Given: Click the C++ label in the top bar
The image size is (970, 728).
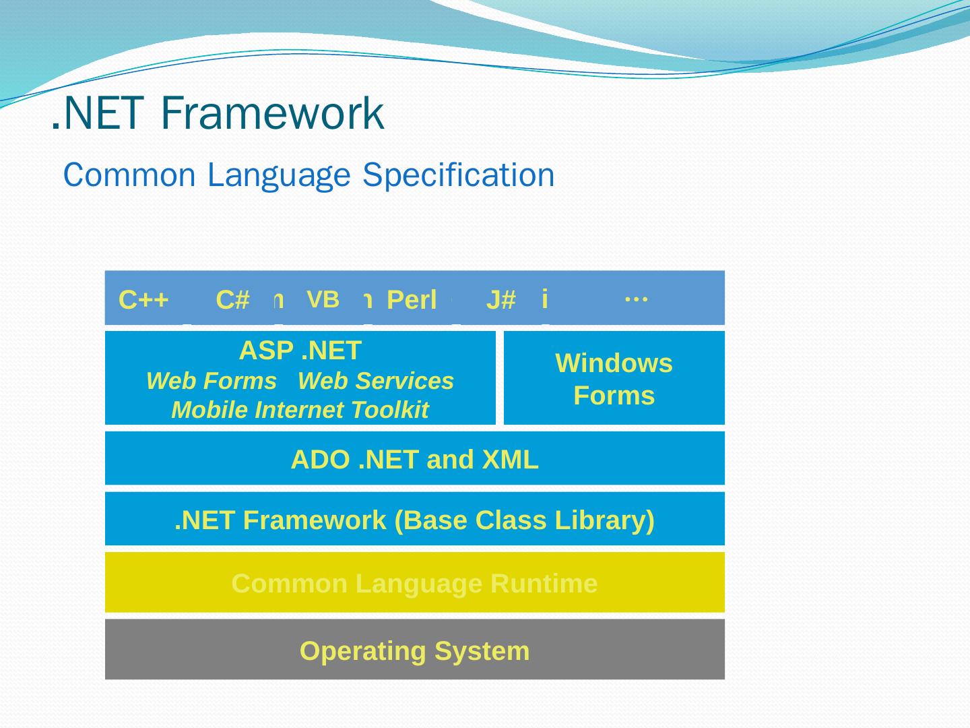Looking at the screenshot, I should click(143, 300).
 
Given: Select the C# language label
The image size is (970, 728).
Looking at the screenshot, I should click(233, 300).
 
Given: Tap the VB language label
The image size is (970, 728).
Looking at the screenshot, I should click(323, 299).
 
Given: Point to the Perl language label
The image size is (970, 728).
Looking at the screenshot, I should click(412, 300).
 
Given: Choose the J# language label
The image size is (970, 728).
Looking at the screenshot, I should click(501, 300).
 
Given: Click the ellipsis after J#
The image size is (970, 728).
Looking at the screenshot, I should click(636, 297).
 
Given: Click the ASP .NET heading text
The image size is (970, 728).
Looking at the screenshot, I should click(300, 351).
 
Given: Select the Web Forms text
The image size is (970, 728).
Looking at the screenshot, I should click(212, 381).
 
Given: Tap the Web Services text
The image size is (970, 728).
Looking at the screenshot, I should click(376, 381).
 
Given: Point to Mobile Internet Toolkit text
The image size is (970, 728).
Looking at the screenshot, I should click(300, 410).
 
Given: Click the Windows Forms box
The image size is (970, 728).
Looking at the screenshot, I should click(614, 378).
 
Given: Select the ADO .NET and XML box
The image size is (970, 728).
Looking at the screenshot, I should click(414, 458).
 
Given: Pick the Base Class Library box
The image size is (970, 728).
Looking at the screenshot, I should click(414, 519).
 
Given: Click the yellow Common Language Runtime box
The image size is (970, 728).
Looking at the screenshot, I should click(414, 582).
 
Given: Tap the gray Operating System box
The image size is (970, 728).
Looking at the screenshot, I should click(414, 650).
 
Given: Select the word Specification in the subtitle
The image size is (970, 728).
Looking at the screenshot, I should click(458, 175).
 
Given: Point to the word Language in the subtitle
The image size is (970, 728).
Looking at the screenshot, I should click(279, 175).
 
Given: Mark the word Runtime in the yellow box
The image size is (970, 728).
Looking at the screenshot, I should click(544, 584).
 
